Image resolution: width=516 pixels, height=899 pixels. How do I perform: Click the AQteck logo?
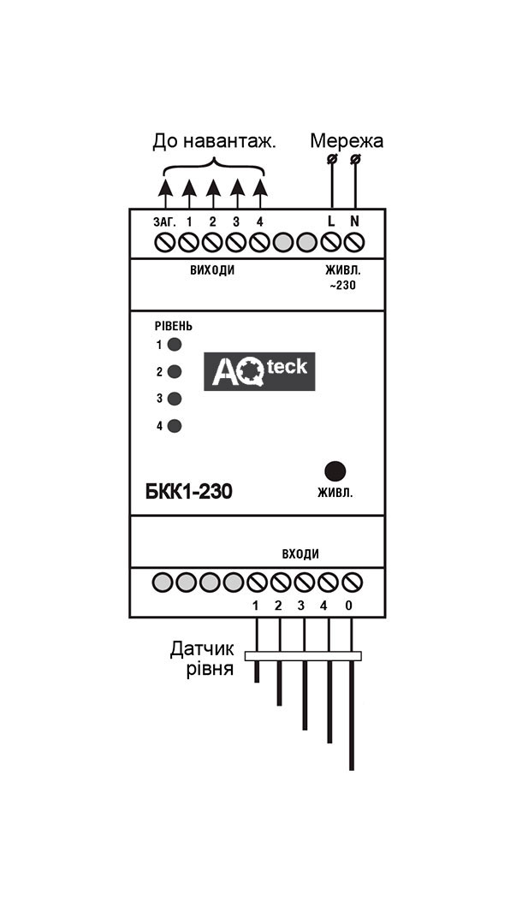(x=260, y=371)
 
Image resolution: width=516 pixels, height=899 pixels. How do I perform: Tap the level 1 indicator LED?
(x=175, y=345)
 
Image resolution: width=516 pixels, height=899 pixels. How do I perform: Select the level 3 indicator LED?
(x=175, y=399)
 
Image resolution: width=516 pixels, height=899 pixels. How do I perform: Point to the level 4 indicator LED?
(x=175, y=426)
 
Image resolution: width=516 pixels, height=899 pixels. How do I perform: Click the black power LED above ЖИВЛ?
(x=335, y=471)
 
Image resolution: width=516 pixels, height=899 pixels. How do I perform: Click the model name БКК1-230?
(x=188, y=492)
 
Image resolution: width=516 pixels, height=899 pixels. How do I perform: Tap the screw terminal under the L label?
(x=331, y=243)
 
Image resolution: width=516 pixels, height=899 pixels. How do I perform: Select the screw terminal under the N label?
(x=355, y=243)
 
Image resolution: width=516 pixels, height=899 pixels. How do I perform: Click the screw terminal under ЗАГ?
(x=165, y=243)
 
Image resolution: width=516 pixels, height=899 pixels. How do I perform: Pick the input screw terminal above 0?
(x=352, y=583)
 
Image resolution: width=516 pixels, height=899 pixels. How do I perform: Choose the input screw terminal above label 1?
(x=257, y=583)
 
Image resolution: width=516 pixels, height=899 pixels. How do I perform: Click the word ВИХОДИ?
(x=213, y=270)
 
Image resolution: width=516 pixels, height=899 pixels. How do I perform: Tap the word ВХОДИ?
(x=300, y=554)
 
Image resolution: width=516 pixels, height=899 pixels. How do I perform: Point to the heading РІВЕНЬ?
(x=174, y=326)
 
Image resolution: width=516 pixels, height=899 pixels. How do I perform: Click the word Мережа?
(x=347, y=141)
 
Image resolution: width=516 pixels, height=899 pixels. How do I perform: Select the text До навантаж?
(x=215, y=142)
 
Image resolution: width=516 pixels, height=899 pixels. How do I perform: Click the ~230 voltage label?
(x=342, y=285)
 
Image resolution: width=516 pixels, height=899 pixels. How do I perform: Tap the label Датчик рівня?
(x=203, y=659)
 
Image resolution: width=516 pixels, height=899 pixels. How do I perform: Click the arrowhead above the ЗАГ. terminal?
(x=165, y=186)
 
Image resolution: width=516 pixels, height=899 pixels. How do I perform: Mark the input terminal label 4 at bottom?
(x=323, y=606)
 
